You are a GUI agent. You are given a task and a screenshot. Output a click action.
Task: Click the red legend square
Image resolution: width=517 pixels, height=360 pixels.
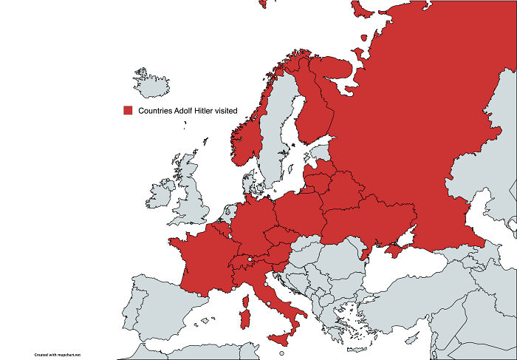127,111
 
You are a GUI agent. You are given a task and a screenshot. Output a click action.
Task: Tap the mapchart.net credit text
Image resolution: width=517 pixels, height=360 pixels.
58,354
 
